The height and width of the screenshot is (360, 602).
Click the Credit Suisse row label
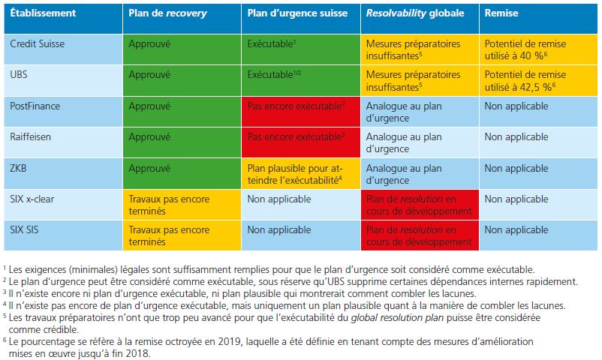point(37,44)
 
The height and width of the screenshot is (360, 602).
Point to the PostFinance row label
point(35,106)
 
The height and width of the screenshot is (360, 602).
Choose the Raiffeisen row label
point(31,137)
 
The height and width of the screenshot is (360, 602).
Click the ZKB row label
point(20,169)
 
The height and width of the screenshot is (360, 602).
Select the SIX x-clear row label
point(36,199)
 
